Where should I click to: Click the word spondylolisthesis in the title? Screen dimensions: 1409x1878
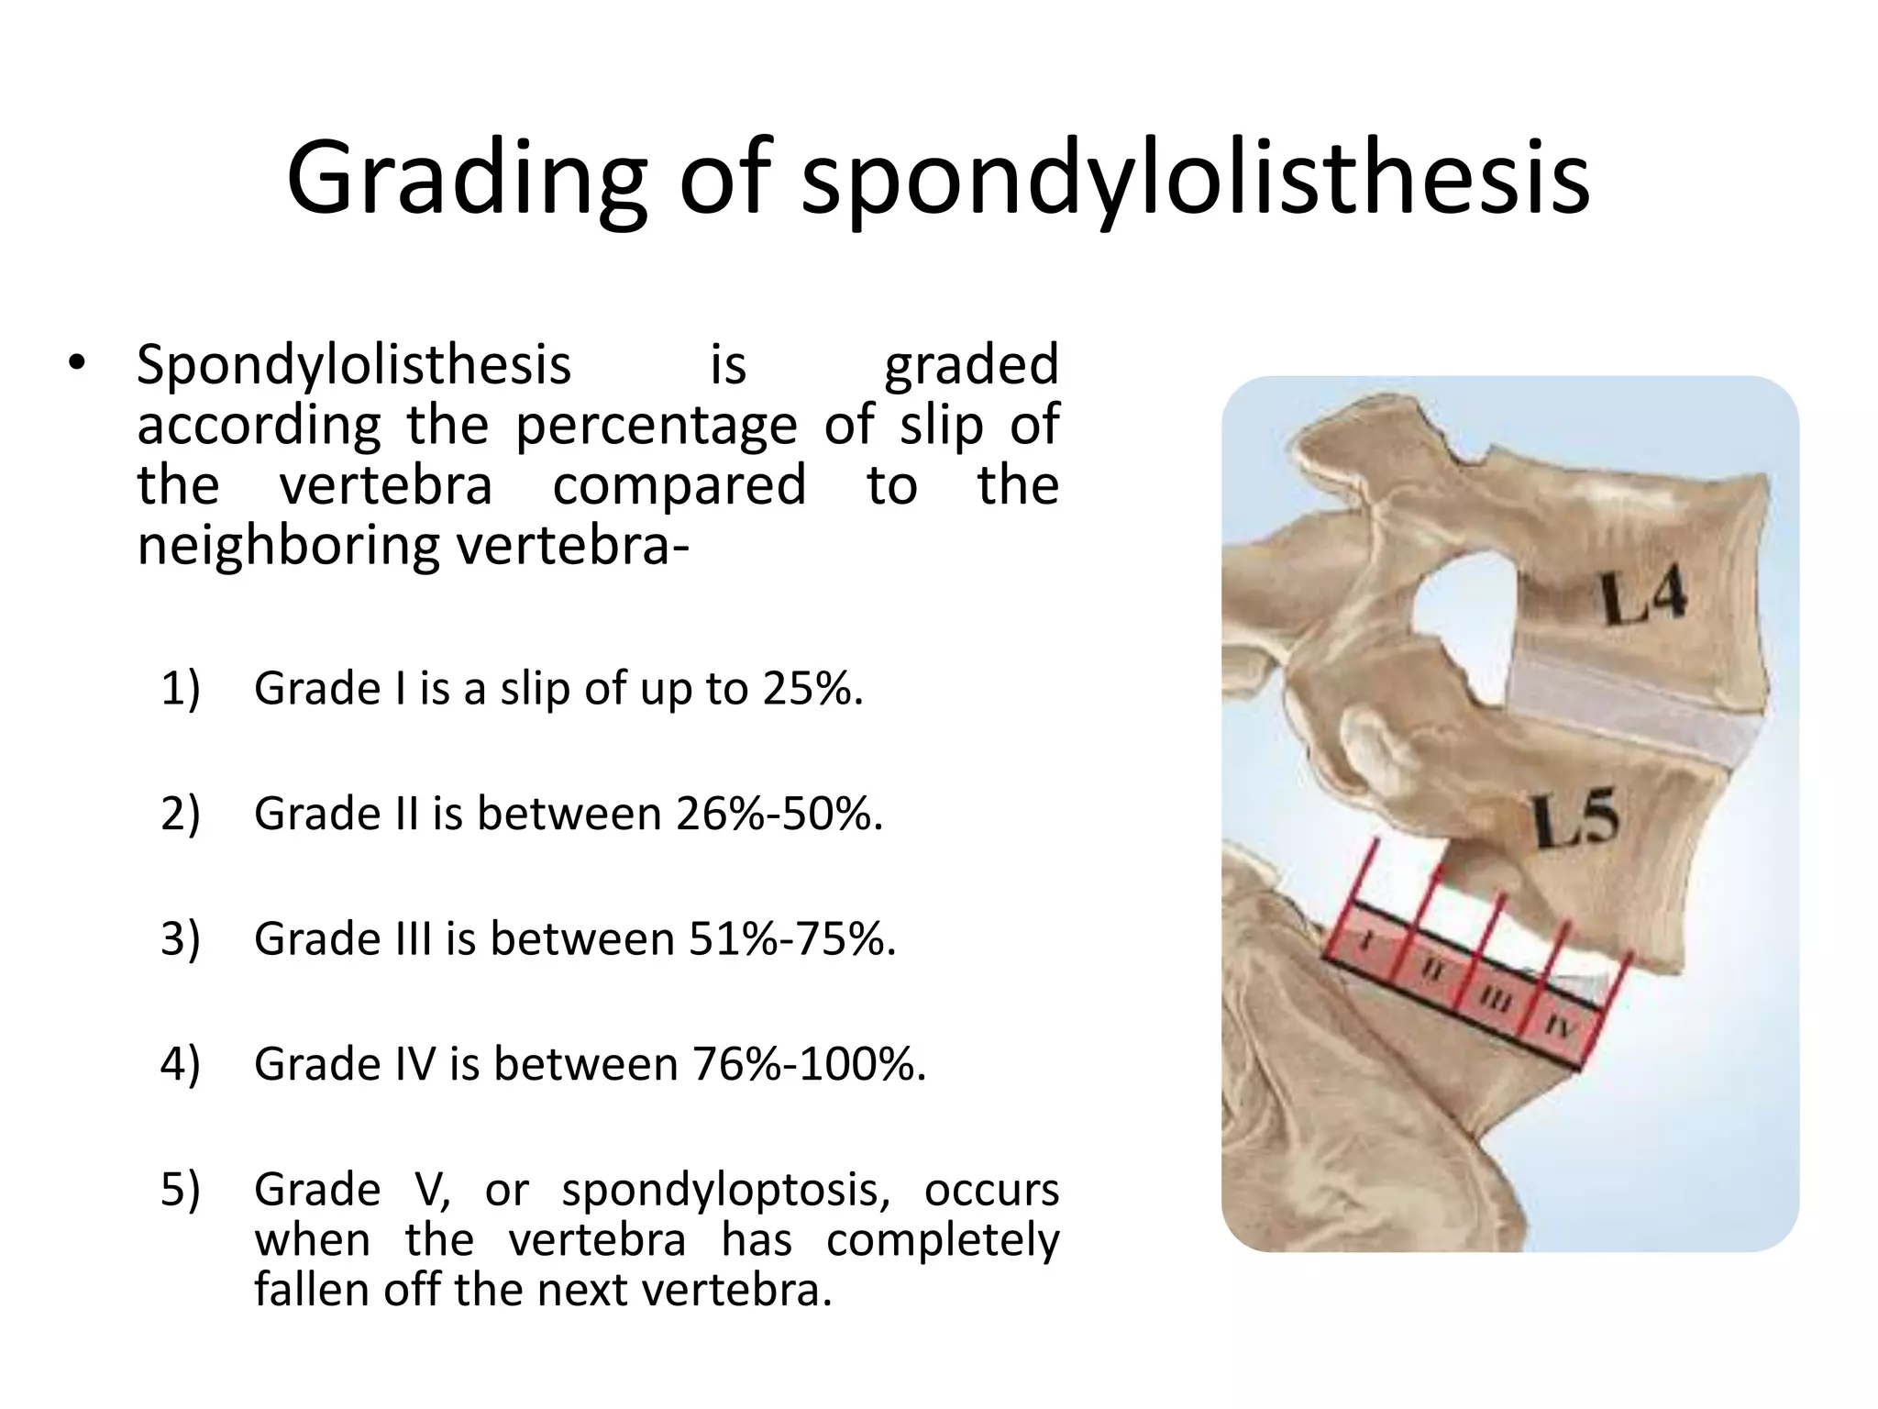(x=1195, y=179)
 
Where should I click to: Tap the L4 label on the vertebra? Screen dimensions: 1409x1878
(x=1644, y=595)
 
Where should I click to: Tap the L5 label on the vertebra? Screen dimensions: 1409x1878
(x=1575, y=819)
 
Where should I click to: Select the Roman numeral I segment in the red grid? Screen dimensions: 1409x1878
(x=1366, y=942)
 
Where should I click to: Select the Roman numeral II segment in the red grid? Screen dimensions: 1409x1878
(x=1432, y=971)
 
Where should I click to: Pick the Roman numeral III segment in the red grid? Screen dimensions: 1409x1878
(x=1495, y=999)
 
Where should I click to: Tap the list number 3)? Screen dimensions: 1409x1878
(x=180, y=939)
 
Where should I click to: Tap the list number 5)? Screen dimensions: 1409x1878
(x=180, y=1191)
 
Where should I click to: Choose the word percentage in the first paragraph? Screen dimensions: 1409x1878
(x=656, y=425)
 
